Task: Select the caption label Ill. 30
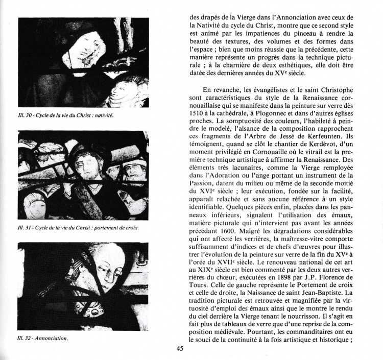click(x=26, y=115)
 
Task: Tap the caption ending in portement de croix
click(x=78, y=228)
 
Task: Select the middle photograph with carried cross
click(x=83, y=175)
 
